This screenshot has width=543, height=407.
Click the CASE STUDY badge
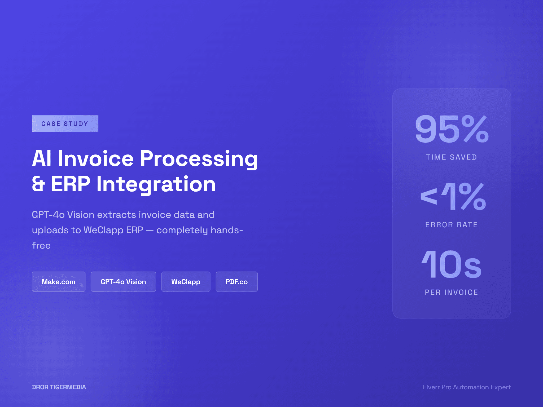point(65,124)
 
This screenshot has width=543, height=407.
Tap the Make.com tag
point(59,282)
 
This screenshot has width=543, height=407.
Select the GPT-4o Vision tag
point(123,282)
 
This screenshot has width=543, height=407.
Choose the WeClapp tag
point(186,282)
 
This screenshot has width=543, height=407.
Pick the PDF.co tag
point(237,282)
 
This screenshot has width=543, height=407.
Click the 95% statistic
point(452,129)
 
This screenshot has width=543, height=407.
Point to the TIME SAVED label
point(452,157)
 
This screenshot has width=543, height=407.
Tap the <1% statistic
point(453,197)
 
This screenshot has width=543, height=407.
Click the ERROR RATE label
point(452,225)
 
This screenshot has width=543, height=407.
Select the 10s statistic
point(452,264)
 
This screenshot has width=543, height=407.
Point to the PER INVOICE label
point(452,292)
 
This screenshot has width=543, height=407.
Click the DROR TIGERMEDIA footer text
point(59,387)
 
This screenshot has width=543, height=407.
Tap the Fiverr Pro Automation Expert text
point(467,387)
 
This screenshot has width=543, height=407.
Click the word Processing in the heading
point(199,159)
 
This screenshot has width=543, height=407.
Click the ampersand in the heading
point(38,184)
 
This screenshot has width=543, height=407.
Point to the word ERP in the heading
point(71,184)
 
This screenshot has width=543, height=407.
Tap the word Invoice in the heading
point(96,159)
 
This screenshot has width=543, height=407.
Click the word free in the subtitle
point(41,245)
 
